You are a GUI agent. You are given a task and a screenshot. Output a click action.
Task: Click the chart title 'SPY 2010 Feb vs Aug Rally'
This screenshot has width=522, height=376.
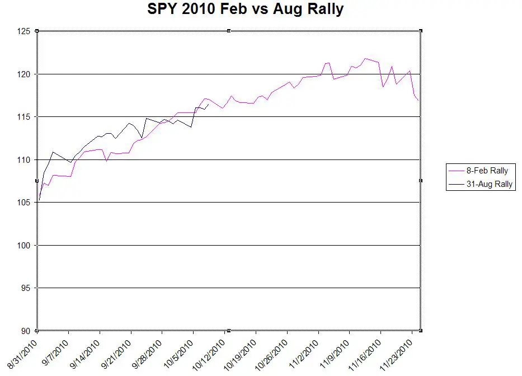tap(245, 10)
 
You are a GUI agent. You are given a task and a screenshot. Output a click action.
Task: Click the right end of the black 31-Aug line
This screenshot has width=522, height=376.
tap(209, 104)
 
